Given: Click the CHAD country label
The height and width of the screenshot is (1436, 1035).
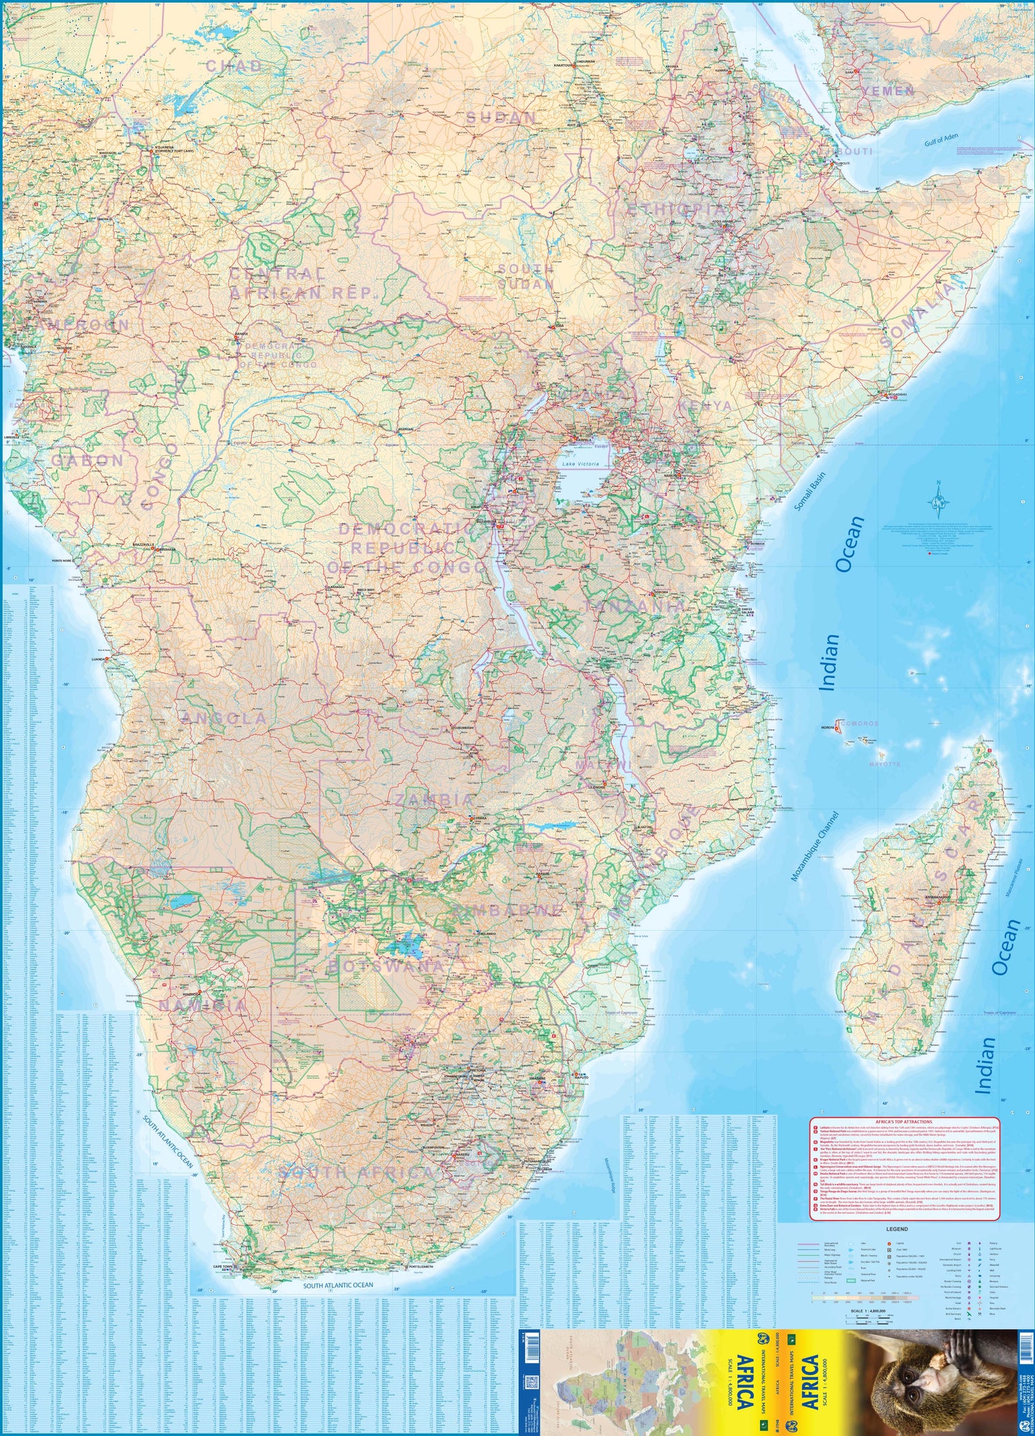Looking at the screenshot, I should point(235,66).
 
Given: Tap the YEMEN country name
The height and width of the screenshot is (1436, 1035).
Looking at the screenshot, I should point(888,91).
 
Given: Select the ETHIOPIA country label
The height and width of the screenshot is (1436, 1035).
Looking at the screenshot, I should point(677,208).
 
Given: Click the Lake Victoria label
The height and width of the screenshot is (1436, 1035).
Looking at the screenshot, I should point(580,464).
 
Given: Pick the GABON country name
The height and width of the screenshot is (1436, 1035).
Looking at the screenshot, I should point(88,460).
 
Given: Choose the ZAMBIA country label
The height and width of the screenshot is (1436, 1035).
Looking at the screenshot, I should point(435,800).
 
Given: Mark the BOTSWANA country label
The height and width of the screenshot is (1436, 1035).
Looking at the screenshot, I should point(386,966).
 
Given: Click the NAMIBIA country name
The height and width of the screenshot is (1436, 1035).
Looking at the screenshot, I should point(203,1006).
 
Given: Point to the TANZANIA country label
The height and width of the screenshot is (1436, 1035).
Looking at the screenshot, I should point(635,607).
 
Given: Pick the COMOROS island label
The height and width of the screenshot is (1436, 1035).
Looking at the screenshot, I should point(859,723).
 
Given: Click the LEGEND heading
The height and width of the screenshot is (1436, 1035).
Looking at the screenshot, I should point(896,1229).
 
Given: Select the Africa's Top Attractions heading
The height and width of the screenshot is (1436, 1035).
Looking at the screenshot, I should point(903,1122).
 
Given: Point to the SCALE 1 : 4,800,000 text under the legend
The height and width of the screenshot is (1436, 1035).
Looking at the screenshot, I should point(867,1311).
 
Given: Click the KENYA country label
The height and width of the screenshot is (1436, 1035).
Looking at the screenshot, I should point(705,405).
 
